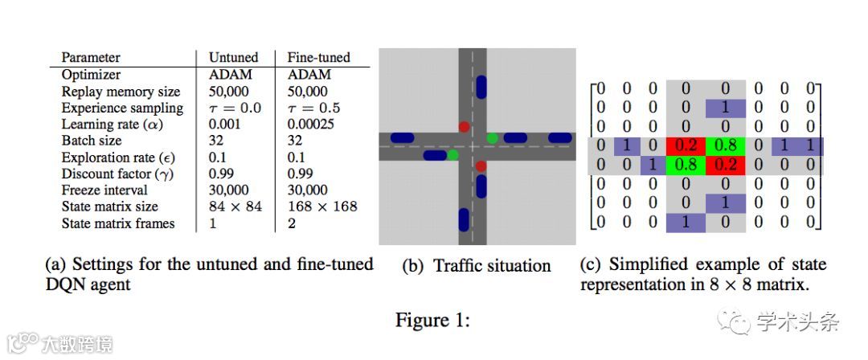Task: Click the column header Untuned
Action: [233, 58]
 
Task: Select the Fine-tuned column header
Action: [318, 58]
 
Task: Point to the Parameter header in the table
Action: [91, 58]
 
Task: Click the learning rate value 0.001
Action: [225, 125]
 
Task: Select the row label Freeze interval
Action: [104, 190]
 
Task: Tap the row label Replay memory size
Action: [121, 92]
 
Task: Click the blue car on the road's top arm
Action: [481, 86]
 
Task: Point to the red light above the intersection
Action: [464, 127]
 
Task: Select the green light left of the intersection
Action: [453, 153]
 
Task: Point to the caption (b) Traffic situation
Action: [476, 266]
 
